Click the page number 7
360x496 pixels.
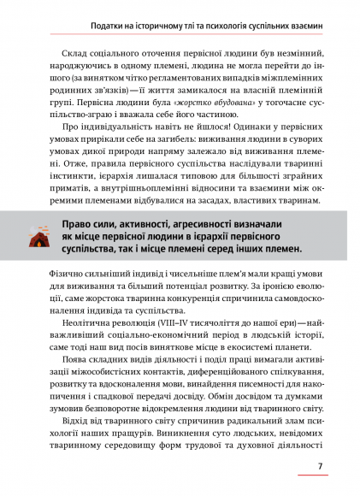(x=319, y=466)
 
